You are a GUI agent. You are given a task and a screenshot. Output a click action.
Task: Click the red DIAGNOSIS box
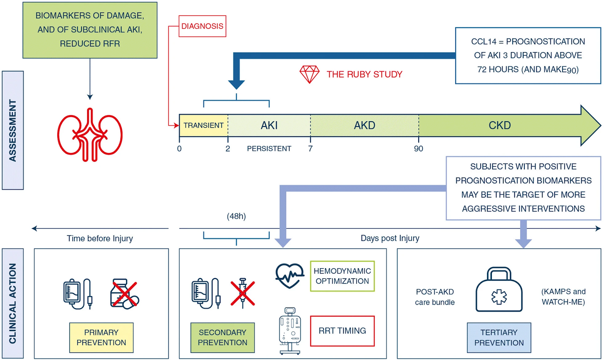(x=202, y=26)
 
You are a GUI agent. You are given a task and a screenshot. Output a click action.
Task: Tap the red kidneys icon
(x=90, y=135)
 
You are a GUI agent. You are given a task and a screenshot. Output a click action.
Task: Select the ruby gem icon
(x=310, y=74)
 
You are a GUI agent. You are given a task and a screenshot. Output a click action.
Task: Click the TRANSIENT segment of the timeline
(x=203, y=125)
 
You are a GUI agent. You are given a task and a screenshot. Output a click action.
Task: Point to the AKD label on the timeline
(x=364, y=125)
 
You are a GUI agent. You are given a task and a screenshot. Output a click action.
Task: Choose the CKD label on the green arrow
(x=499, y=125)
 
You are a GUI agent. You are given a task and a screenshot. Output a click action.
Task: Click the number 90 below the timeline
(x=418, y=149)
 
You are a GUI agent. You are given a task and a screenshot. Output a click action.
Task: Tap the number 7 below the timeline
(x=310, y=149)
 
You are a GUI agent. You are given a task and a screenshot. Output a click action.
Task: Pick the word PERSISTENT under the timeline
(x=269, y=149)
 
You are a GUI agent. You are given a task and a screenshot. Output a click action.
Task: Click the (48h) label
(x=236, y=216)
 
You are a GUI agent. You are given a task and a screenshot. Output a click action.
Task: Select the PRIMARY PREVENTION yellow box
(x=101, y=337)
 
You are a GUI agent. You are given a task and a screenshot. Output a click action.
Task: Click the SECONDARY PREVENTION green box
(x=222, y=337)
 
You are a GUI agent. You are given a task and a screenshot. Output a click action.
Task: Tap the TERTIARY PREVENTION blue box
(x=499, y=337)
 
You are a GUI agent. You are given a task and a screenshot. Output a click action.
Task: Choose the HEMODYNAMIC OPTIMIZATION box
(x=342, y=276)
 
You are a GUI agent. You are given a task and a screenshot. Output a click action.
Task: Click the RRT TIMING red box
(x=342, y=331)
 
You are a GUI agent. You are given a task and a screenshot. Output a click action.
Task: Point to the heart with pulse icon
(x=290, y=276)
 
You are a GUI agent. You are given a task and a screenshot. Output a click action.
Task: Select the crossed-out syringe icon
(x=243, y=293)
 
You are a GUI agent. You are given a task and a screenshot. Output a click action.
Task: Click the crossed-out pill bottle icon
(x=124, y=294)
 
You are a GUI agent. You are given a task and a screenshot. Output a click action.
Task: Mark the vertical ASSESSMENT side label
(x=13, y=130)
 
